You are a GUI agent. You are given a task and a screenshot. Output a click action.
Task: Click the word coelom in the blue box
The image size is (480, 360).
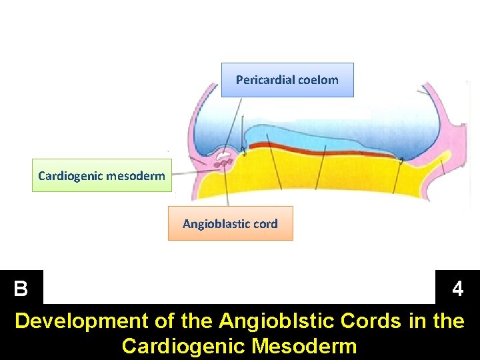tap(319, 80)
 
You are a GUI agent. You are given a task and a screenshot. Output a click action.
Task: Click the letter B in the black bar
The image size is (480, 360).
tap(21, 289)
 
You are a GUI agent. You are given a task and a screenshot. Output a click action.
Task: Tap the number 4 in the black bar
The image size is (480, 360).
tap(457, 289)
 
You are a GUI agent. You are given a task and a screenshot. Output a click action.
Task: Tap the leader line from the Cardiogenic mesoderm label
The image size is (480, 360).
tap(193, 173)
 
